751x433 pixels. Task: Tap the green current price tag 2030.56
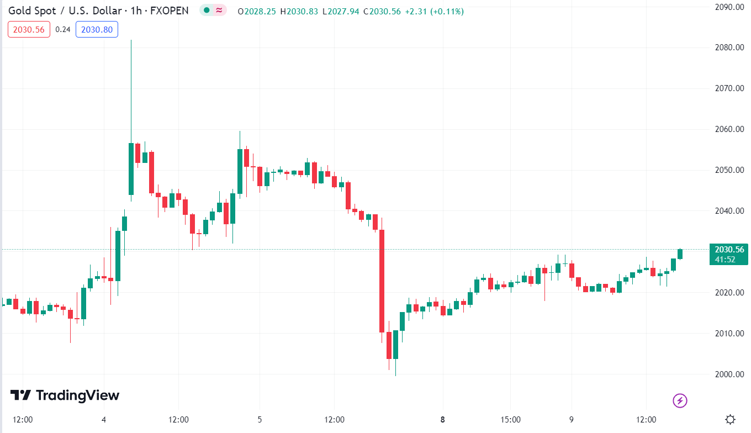point(728,249)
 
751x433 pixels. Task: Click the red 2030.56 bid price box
point(29,29)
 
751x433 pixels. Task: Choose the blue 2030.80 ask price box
point(97,29)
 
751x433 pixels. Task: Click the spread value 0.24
point(63,29)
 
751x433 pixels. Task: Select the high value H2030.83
point(299,11)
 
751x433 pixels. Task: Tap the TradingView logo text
point(77,395)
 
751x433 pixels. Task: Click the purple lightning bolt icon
point(680,400)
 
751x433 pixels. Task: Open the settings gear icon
point(730,419)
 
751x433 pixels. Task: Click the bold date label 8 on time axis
point(443,419)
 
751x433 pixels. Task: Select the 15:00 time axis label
point(510,419)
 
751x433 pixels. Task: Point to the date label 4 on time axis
point(104,419)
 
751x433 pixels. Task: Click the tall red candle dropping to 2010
point(382,281)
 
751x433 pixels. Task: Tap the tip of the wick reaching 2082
point(131,40)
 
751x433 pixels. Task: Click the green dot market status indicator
point(207,10)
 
